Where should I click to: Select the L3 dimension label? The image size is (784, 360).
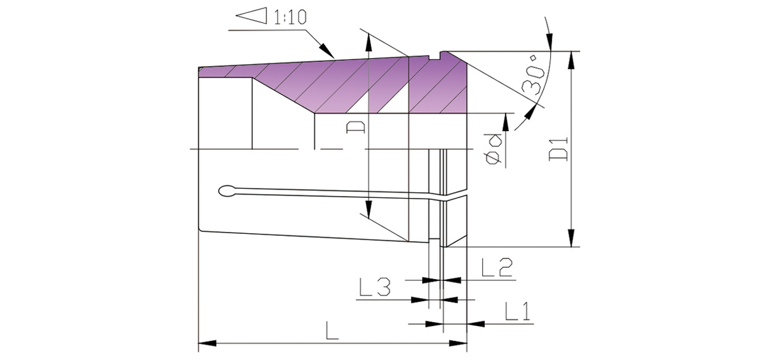(x=374, y=287)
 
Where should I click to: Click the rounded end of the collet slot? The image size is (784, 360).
(x=227, y=191)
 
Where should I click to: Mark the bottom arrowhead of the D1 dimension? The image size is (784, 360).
(x=572, y=239)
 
